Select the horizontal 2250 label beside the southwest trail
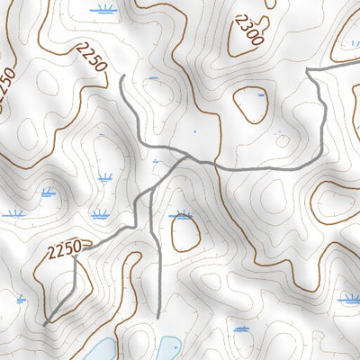click(x=67, y=245)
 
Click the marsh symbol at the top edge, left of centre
click(x=106, y=11)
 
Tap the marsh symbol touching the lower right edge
click(x=349, y=298)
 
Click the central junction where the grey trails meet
click(x=186, y=157)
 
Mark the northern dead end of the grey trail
click(x=121, y=77)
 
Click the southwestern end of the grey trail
click(x=45, y=322)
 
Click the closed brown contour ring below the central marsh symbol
click(x=185, y=234)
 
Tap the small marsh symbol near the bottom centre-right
click(x=240, y=329)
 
